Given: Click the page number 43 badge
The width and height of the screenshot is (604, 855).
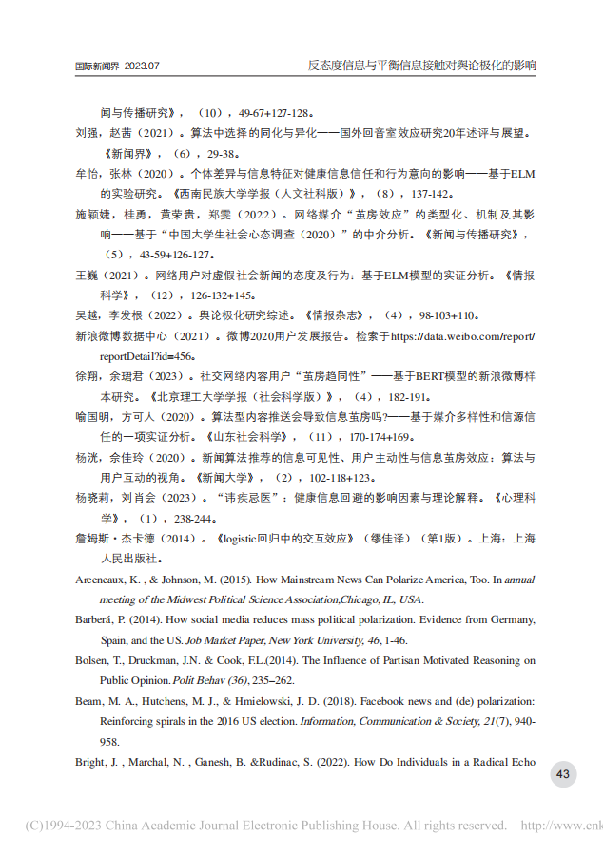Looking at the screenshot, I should pyautogui.click(x=562, y=774).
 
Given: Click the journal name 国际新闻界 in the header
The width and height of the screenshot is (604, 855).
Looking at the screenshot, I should pyautogui.click(x=96, y=66).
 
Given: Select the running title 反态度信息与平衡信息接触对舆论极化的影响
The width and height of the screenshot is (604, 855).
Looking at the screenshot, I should pyautogui.click(x=421, y=66).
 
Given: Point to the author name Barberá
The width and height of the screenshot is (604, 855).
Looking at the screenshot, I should pyautogui.click(x=96, y=618).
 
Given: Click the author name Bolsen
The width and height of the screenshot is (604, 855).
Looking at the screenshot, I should pyautogui.click(x=92, y=660).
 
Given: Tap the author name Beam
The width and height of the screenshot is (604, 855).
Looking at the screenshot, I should pyautogui.click(x=88, y=701).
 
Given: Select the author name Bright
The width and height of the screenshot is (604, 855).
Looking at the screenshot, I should pyautogui.click(x=90, y=762).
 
